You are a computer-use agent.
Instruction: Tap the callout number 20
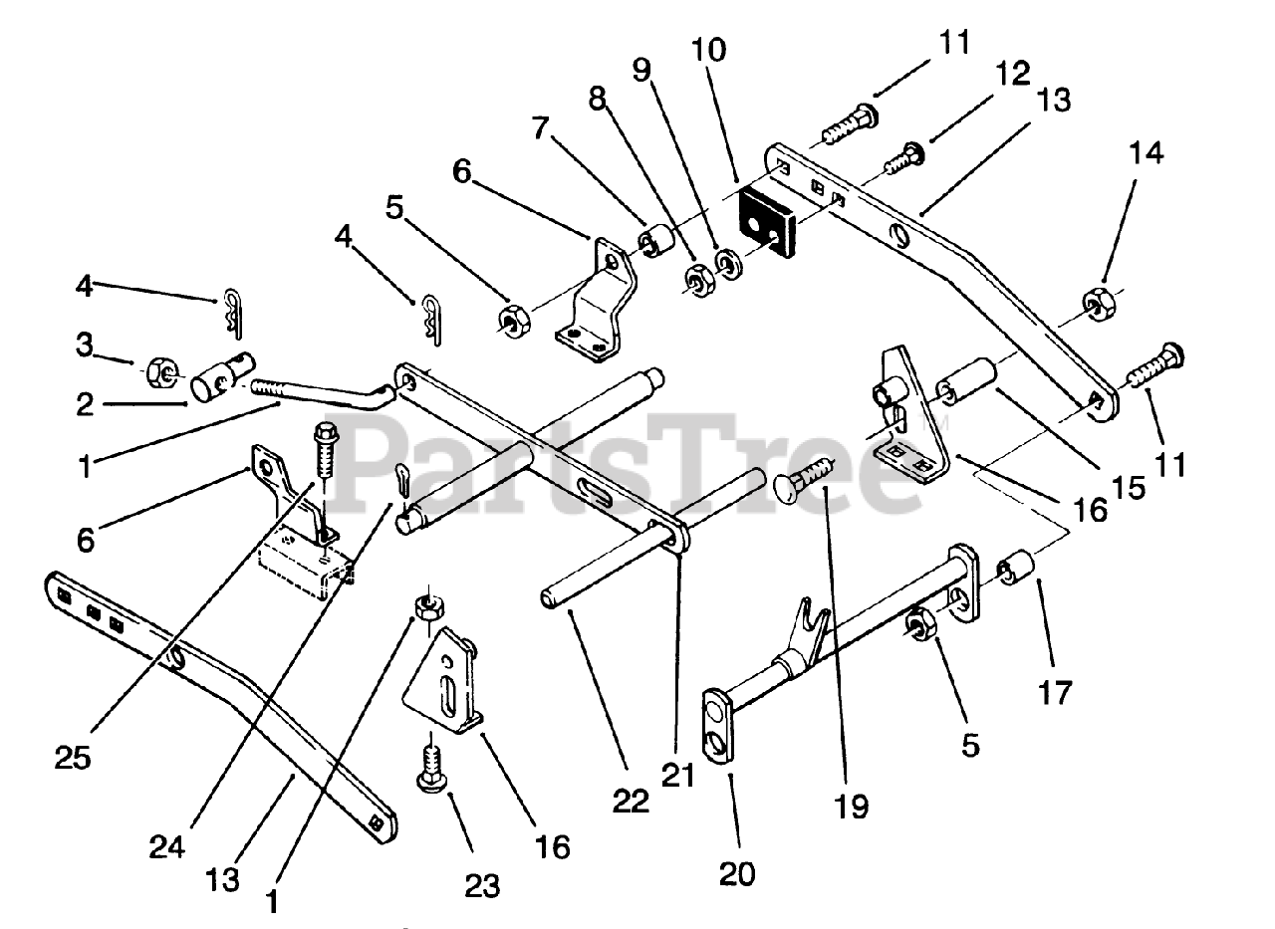736,873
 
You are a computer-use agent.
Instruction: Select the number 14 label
1146,153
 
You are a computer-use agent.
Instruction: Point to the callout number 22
632,800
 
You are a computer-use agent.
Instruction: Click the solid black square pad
766,223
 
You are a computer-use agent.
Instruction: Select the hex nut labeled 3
159,373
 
